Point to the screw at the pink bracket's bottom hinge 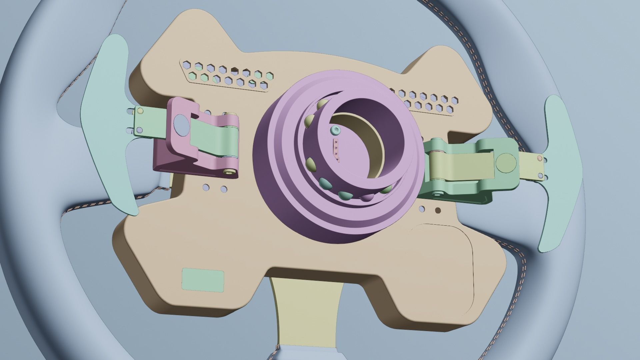(x=229, y=172)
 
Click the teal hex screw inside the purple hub (x=335, y=130)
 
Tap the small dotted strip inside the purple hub (x=336, y=150)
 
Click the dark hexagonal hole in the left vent (x=235, y=70)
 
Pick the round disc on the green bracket (x=506, y=162)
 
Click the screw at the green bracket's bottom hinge (x=437, y=194)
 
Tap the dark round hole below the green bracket (x=438, y=210)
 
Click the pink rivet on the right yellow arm (x=540, y=158)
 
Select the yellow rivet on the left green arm (x=140, y=110)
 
